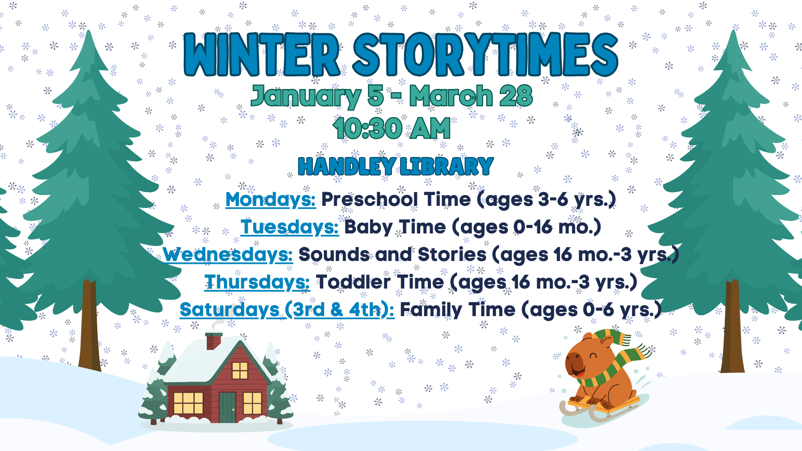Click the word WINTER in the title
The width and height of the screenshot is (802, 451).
(x=262, y=55)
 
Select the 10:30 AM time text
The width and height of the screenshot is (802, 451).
(x=392, y=128)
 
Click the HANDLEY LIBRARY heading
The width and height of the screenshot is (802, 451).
(x=396, y=166)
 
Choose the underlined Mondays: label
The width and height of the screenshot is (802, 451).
(x=271, y=200)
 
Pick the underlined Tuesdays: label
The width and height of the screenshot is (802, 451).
(x=289, y=227)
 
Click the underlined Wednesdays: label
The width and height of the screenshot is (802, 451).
(x=228, y=255)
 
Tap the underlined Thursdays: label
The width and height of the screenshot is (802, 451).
(x=257, y=282)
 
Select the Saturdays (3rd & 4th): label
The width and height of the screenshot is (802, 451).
(x=287, y=310)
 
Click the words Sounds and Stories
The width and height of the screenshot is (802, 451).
(x=393, y=254)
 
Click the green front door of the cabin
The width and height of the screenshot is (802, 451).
(x=228, y=407)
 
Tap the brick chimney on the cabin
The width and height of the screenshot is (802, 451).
(x=213, y=341)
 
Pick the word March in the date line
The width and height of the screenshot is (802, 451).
(x=451, y=96)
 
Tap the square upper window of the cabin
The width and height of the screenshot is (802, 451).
(x=240, y=370)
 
